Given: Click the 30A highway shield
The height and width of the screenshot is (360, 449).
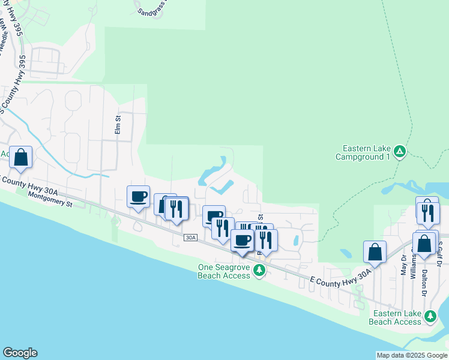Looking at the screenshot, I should (x=191, y=238).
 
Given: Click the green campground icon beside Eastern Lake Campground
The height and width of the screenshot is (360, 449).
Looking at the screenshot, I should (x=400, y=152).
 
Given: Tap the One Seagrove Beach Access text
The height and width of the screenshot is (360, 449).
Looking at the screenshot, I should (x=223, y=271).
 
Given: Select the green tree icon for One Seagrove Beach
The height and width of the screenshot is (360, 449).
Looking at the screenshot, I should (x=259, y=271).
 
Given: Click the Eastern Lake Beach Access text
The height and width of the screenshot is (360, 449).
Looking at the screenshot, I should (x=397, y=317).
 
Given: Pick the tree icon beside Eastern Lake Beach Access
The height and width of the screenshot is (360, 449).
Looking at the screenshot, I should (x=430, y=316).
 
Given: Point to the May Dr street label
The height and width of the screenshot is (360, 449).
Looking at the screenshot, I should (x=403, y=265).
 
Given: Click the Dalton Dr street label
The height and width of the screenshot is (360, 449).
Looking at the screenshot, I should (x=425, y=281).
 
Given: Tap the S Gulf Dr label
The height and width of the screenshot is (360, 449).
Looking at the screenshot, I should (x=440, y=254).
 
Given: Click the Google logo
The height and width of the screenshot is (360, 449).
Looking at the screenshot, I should (x=20, y=353).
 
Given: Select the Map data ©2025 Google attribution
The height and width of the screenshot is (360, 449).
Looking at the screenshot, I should (x=412, y=355).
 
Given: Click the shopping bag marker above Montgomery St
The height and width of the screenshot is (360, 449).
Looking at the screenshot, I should (x=20, y=158).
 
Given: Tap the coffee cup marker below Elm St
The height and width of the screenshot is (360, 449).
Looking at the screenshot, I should (x=139, y=197).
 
